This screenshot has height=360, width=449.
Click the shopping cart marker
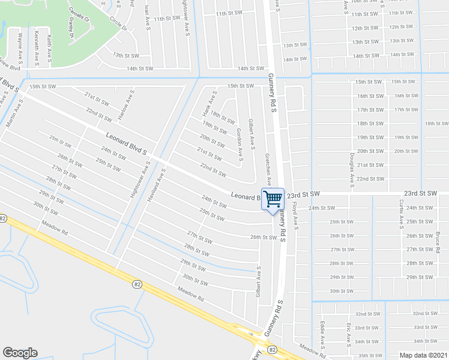point(273,199)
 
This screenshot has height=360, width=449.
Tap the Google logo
point(20,353)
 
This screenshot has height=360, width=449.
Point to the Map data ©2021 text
point(423,355)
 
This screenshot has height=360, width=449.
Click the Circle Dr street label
point(118,23)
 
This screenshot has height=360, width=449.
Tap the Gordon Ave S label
point(239,145)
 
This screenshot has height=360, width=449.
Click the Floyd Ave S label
point(295,214)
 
